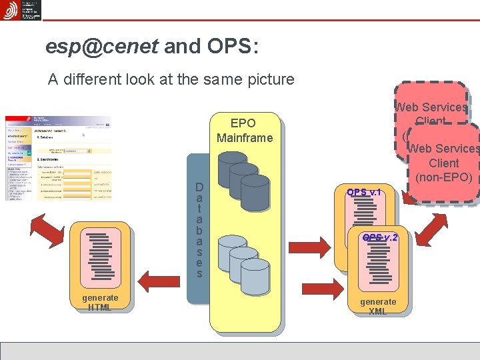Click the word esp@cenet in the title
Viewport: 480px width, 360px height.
tap(102, 45)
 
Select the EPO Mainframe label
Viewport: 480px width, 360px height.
tap(243, 131)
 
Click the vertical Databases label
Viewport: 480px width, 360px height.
tap(199, 231)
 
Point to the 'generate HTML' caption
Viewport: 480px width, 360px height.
tap(100, 302)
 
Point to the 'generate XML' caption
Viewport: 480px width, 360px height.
tap(378, 306)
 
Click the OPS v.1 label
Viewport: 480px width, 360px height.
tap(364, 192)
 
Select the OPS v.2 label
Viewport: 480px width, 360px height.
tap(380, 237)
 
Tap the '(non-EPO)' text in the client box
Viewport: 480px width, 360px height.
tap(444, 177)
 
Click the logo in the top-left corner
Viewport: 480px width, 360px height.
tap(21, 10)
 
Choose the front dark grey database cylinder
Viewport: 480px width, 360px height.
tap(254, 194)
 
